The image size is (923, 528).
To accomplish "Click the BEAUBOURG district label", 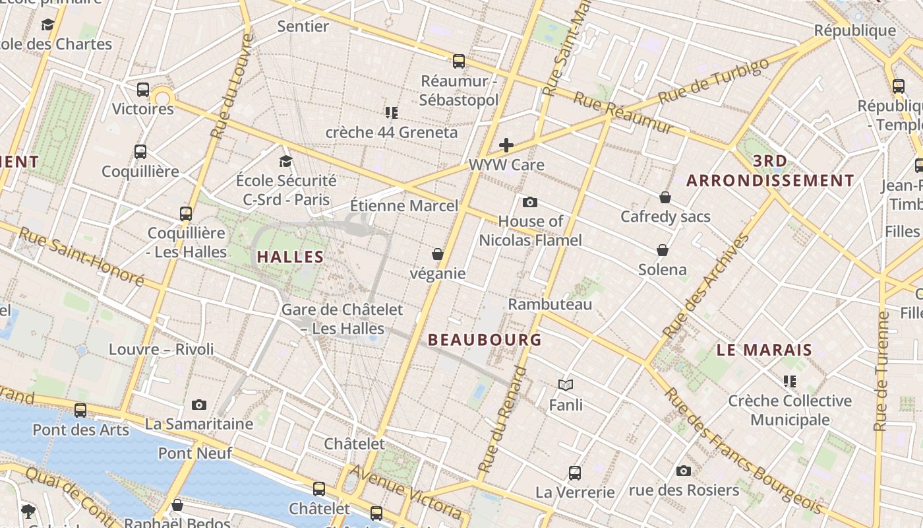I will (x=485, y=340).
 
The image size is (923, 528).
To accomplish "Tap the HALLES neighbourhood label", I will (x=290, y=257).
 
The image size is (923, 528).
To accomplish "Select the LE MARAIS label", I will (x=764, y=350).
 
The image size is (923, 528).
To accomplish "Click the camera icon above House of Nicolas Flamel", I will (x=529, y=202).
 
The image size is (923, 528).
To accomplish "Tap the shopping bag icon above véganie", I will (x=437, y=254).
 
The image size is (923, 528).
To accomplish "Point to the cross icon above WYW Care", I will (x=506, y=145).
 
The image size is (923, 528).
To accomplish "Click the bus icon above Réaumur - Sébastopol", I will (x=459, y=61).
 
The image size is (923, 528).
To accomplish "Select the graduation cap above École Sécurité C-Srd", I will (x=285, y=161).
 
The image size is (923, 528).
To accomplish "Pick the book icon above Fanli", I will (x=565, y=385).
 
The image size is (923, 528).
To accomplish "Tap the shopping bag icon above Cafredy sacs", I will (x=665, y=197).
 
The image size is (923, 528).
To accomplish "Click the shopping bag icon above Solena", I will (x=663, y=250).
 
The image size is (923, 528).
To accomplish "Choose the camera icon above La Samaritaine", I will (x=198, y=405).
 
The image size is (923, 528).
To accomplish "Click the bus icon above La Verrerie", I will (x=575, y=473).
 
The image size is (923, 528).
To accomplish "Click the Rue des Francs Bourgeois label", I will (x=742, y=451).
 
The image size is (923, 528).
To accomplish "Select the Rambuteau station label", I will (x=550, y=304).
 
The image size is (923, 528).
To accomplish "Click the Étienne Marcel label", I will (x=403, y=206).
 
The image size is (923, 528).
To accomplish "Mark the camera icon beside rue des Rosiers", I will (x=684, y=471).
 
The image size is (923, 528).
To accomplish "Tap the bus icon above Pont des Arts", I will (x=80, y=410).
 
